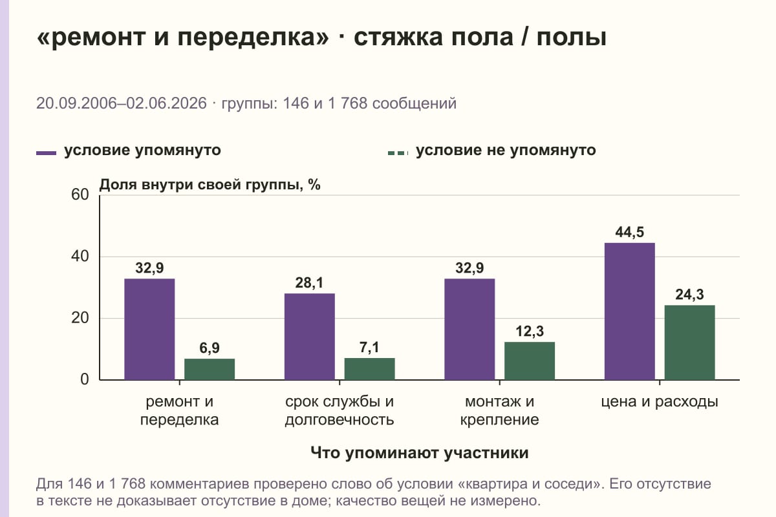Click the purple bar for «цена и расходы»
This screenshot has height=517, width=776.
point(629,311)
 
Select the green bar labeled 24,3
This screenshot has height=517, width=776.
point(689,343)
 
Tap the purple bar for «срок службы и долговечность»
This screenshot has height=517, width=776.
point(309,337)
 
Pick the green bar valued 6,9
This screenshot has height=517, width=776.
point(210,369)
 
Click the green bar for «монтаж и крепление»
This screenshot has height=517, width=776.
point(530,361)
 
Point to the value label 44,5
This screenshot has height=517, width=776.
point(629,232)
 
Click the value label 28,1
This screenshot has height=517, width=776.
point(309,283)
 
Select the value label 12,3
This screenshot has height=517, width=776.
point(530,332)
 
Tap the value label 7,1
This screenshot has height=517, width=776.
point(369,347)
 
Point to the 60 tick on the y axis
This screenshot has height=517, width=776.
point(80,195)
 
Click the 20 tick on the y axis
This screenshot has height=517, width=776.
point(80,318)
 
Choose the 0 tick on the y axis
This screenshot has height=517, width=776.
point(85,379)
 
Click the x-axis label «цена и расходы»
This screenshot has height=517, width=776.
point(660,402)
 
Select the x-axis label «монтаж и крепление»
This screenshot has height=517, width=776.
point(499,410)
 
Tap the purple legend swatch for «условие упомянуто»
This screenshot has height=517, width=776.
point(46,153)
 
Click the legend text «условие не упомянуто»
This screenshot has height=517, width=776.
point(506,151)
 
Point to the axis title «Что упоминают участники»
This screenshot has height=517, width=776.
point(420,452)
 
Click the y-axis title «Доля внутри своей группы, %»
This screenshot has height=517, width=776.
point(210,185)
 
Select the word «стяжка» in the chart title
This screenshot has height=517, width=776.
point(398,37)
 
